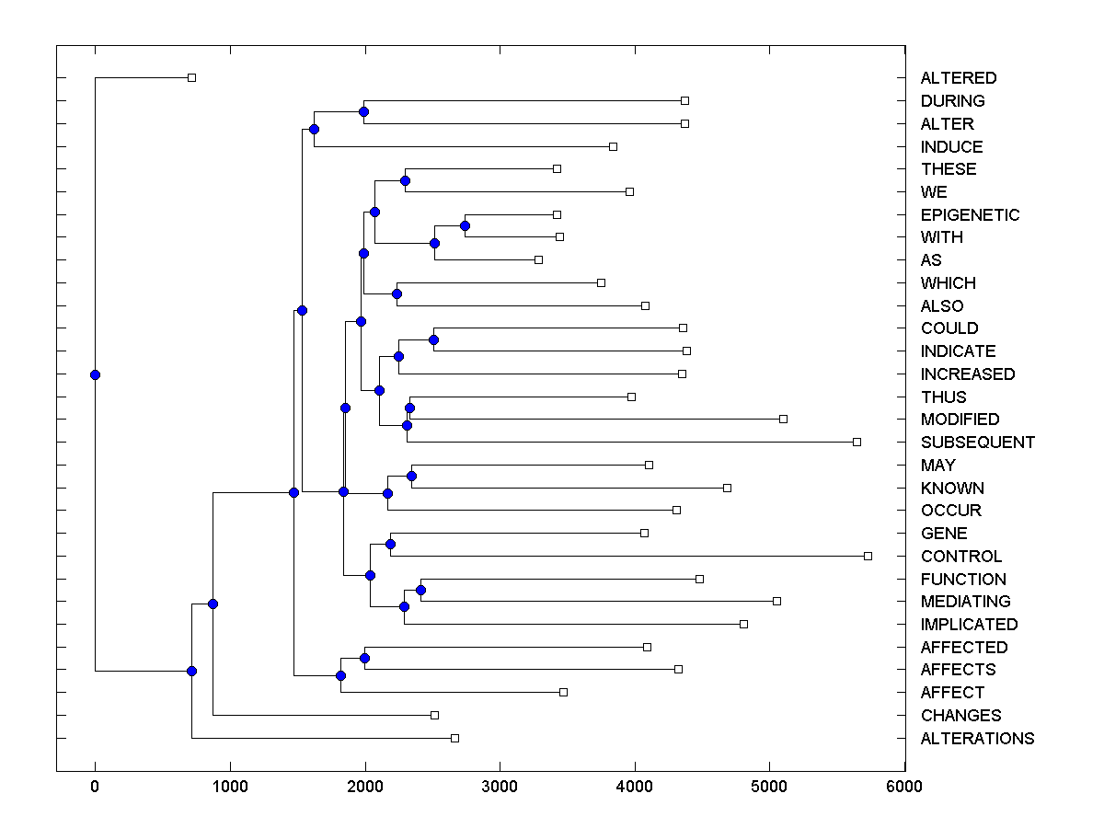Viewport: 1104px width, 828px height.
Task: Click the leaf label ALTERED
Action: (958, 78)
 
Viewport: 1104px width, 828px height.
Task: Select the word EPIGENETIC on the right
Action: (970, 215)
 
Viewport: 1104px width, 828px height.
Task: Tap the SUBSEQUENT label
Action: (977, 443)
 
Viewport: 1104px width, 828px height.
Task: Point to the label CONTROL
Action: (960, 557)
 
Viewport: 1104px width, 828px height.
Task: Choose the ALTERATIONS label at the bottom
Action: (977, 739)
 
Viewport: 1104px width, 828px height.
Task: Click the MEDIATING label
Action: (965, 602)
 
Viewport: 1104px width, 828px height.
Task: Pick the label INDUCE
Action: (951, 147)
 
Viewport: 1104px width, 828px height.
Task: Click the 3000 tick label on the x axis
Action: (500, 787)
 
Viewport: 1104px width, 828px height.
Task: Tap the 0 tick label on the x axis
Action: (95, 787)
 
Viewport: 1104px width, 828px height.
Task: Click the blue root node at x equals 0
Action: (95, 374)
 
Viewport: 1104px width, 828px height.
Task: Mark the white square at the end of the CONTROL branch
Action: (868, 556)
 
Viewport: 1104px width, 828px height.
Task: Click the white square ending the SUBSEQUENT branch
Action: (857, 442)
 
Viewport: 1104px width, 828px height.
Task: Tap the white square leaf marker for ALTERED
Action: (191, 77)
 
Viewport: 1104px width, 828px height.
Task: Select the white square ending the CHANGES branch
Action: (434, 715)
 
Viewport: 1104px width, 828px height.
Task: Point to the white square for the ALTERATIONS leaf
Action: (454, 738)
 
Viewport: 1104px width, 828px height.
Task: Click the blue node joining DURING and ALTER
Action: (363, 111)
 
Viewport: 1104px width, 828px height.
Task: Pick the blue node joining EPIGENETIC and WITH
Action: (465, 225)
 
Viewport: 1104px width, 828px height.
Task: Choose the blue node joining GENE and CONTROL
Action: (390, 545)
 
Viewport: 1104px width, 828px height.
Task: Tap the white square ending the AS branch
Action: (538, 259)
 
